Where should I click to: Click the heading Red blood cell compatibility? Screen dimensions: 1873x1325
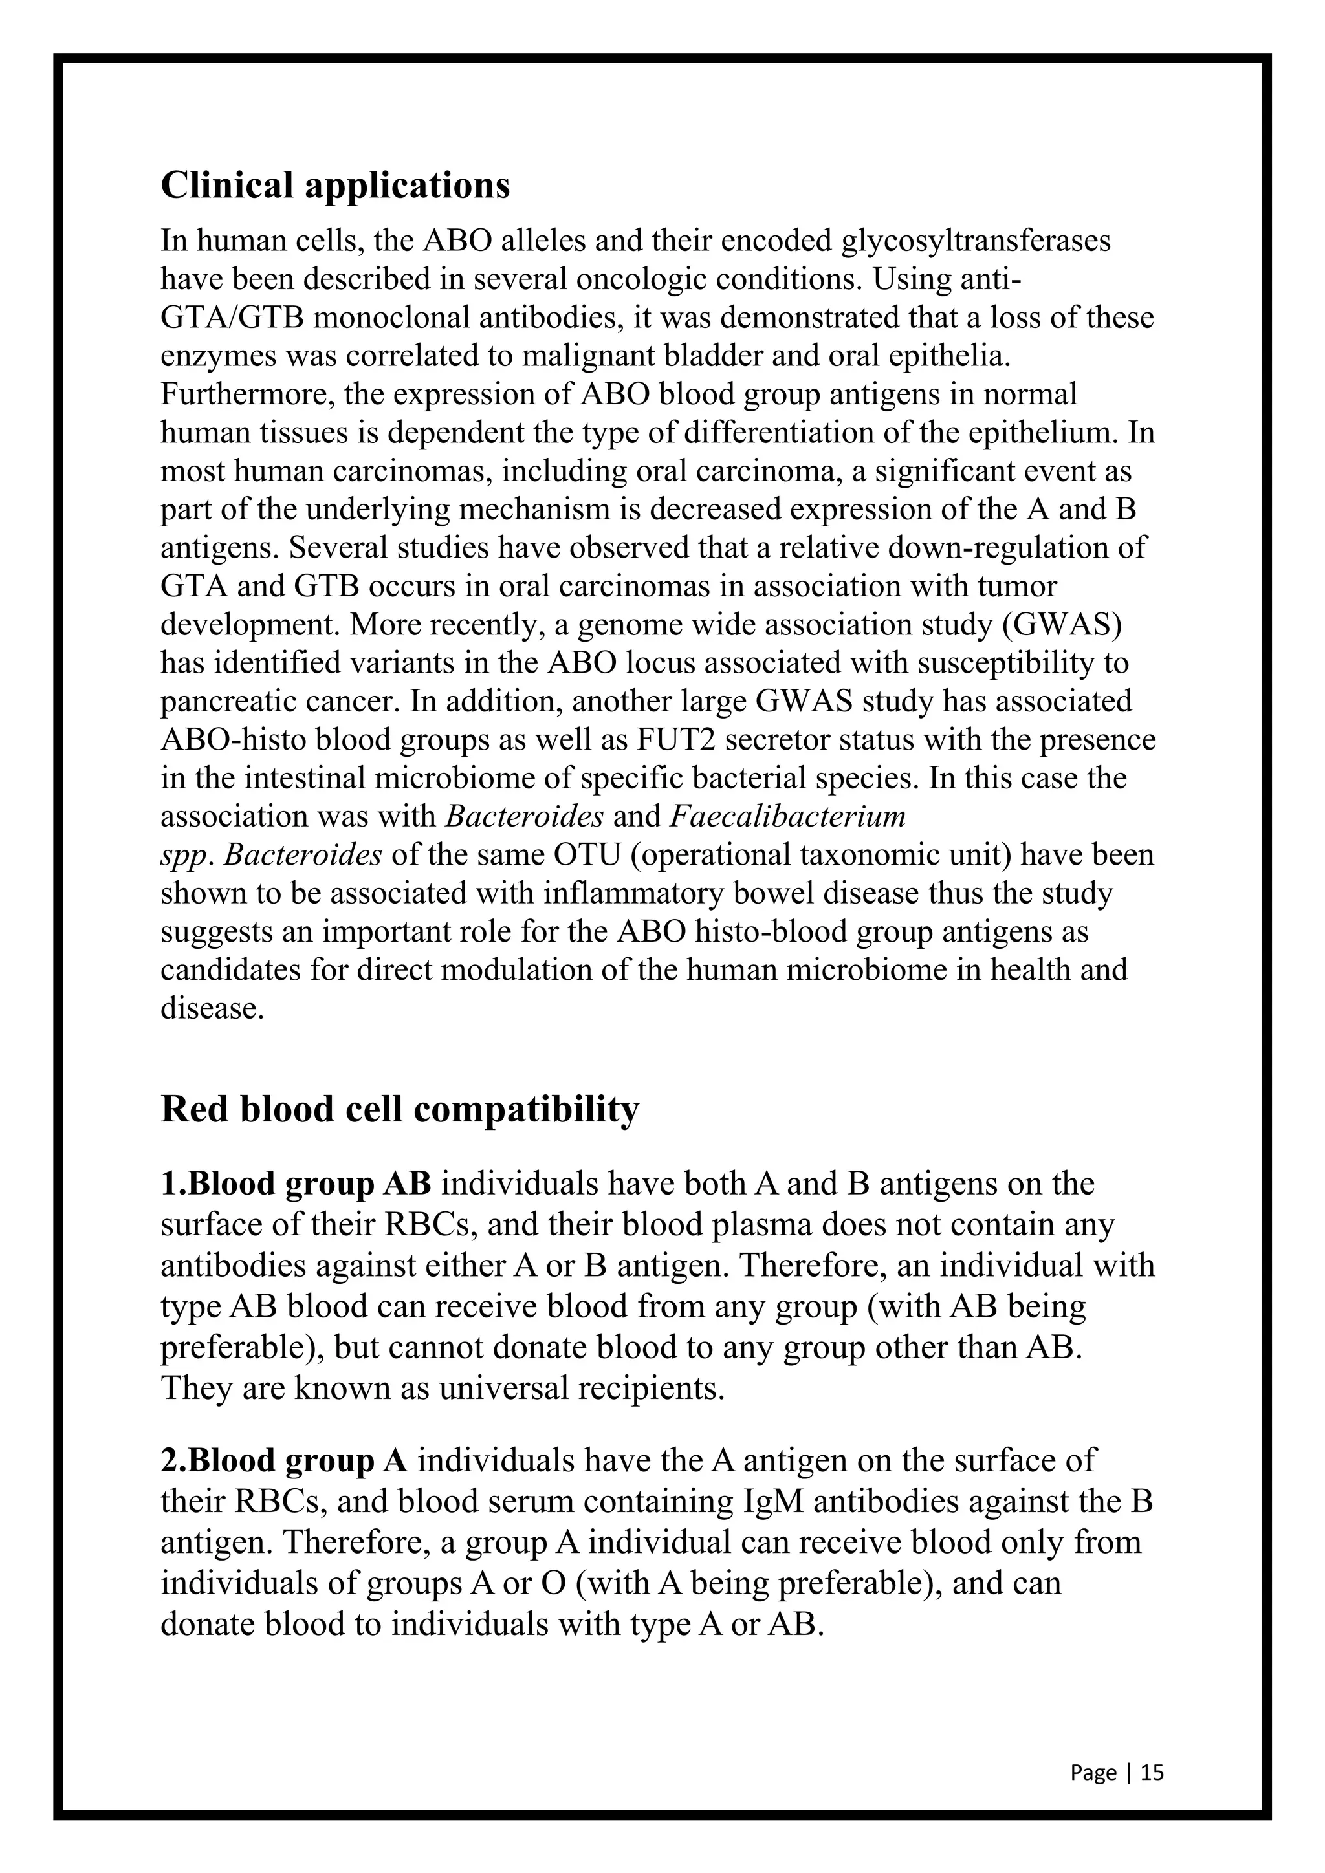click(x=399, y=1109)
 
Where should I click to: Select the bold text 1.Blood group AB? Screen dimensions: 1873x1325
click(x=296, y=1184)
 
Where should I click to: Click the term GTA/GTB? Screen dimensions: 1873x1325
click(x=232, y=318)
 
